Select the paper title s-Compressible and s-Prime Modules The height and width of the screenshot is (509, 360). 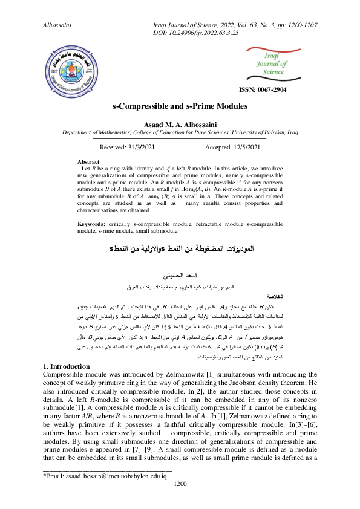180,106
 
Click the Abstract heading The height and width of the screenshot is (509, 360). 91,162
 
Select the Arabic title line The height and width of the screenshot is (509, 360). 180,248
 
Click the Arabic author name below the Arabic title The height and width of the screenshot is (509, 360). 180,275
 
